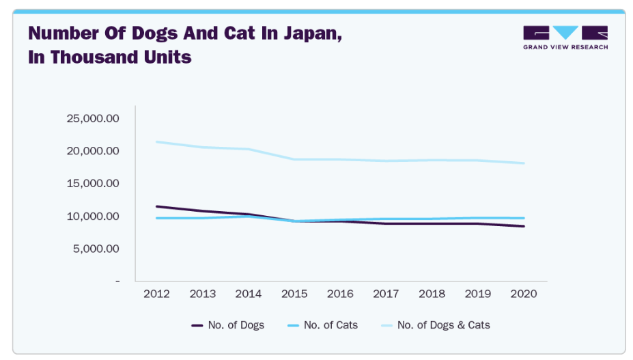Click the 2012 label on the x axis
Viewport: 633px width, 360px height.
[x=157, y=293]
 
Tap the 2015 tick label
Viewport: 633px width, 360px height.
[x=294, y=293]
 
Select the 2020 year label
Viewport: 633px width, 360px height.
[x=524, y=293]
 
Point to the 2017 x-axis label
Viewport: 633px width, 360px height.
[x=386, y=293]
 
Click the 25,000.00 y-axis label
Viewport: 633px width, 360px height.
[x=93, y=118]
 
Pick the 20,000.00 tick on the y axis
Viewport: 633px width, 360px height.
[x=93, y=151]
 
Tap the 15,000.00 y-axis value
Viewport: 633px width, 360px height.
[x=93, y=183]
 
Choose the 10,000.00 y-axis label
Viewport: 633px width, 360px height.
[x=93, y=216]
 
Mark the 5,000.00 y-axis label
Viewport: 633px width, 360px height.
[x=96, y=249]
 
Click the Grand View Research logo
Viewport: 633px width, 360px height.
[x=565, y=38]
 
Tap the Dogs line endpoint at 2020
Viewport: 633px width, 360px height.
[x=524, y=226]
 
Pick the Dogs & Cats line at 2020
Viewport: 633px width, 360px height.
[x=524, y=163]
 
